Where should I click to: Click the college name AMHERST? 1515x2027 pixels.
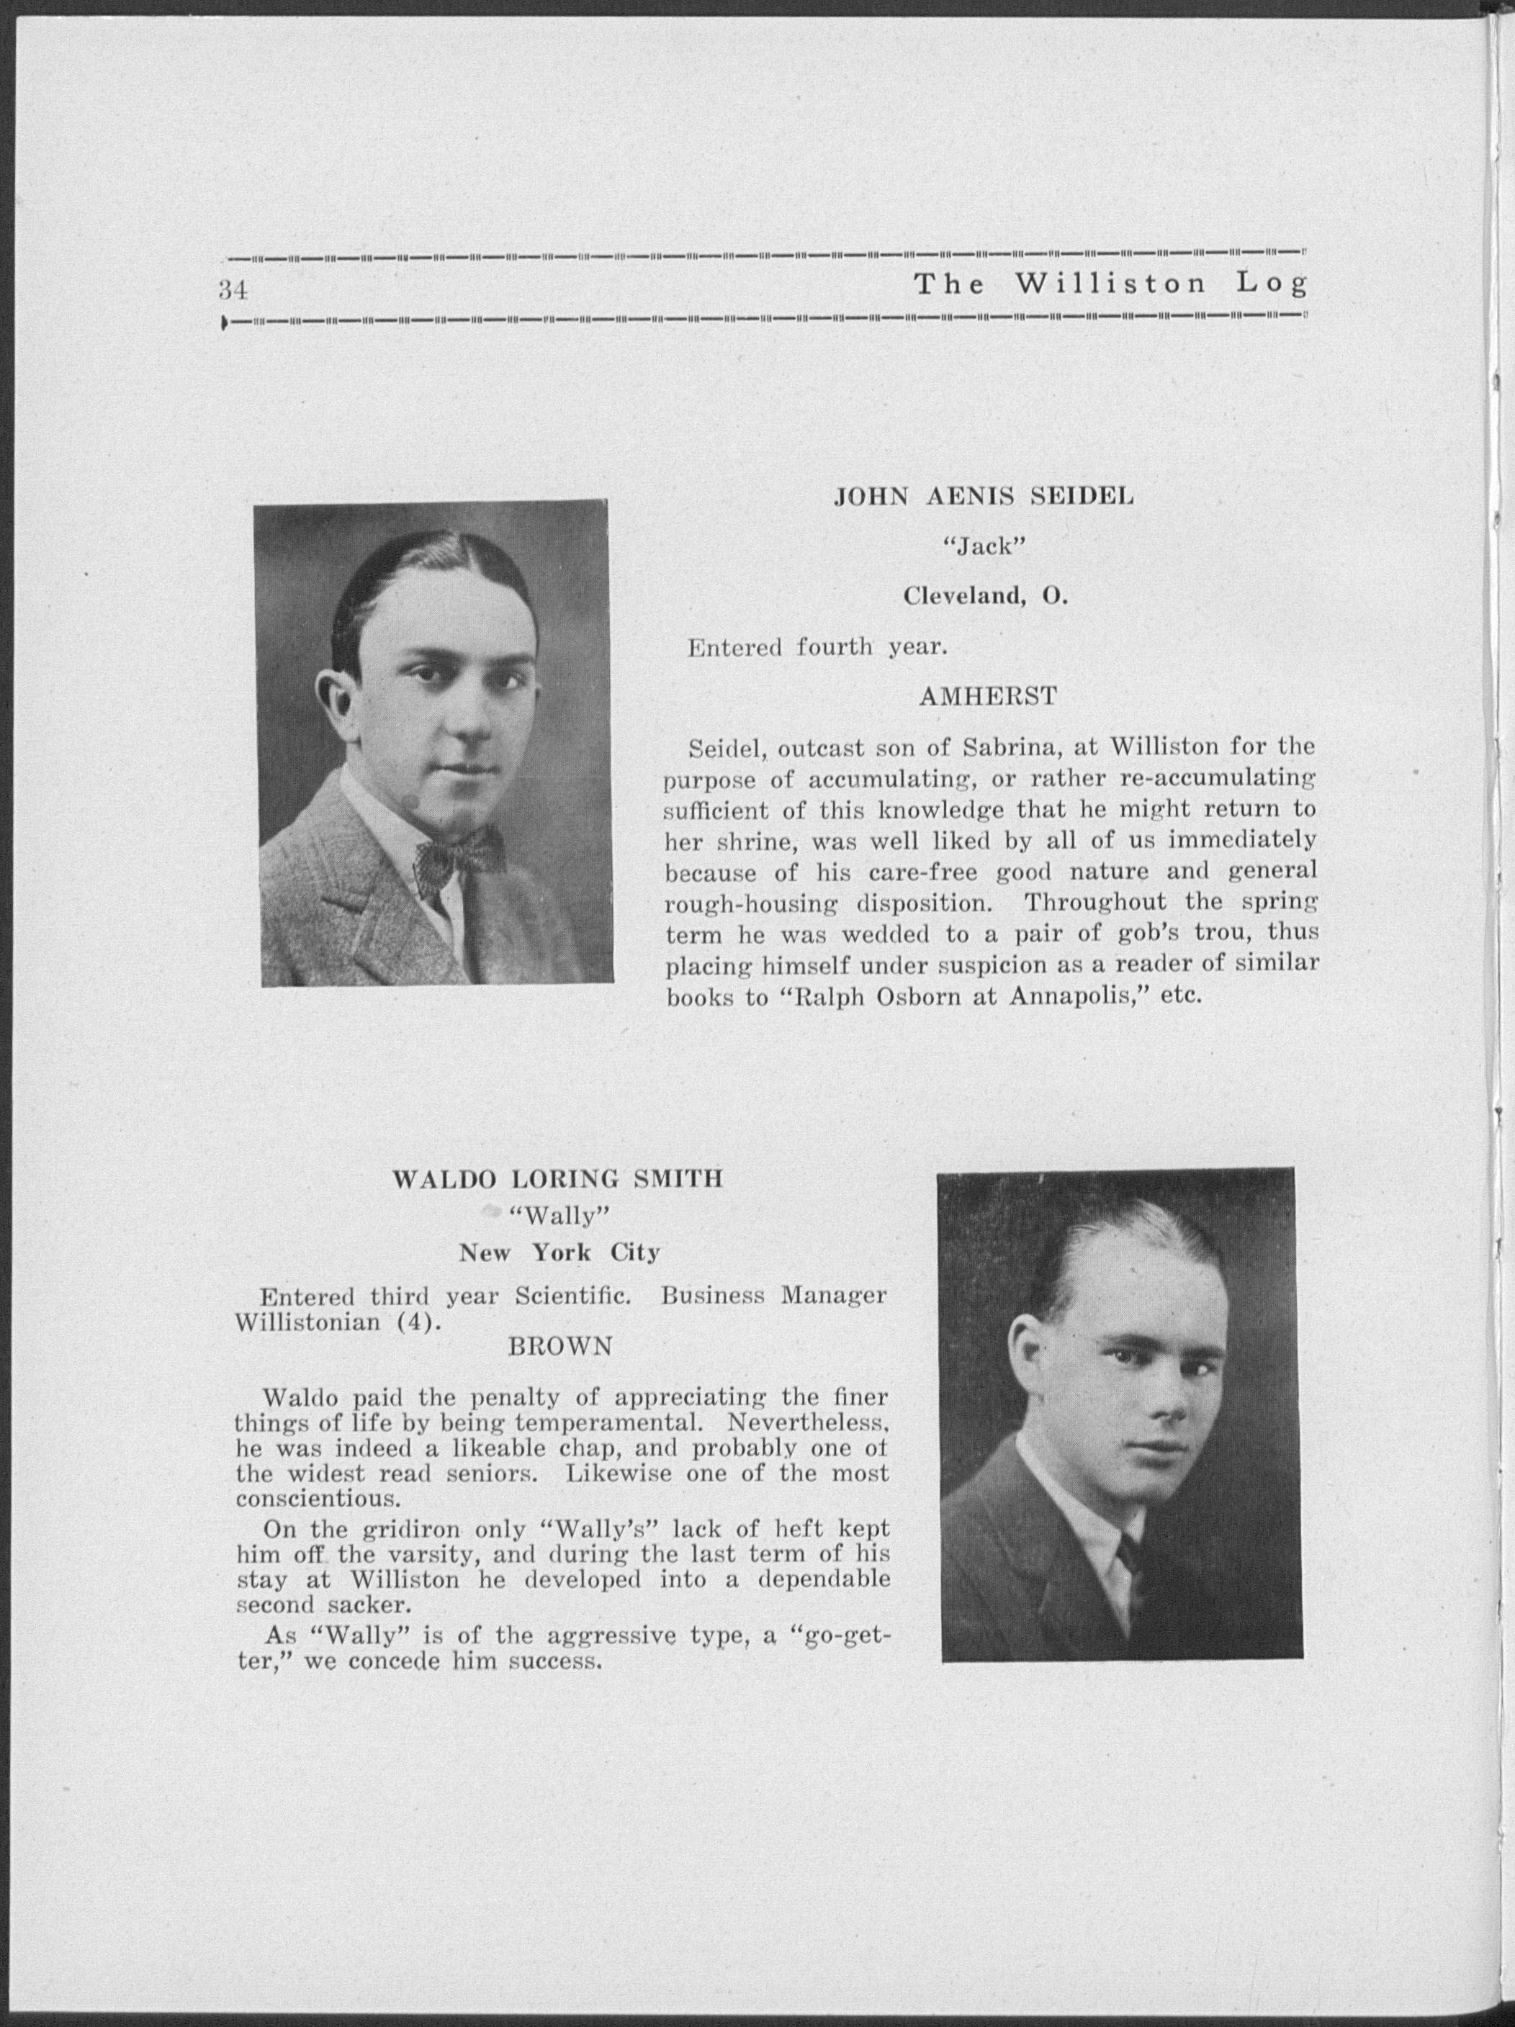988,697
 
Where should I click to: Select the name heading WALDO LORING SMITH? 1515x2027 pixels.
557,1179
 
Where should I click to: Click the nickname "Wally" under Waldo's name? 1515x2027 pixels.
559,1216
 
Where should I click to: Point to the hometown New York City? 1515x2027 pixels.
559,1252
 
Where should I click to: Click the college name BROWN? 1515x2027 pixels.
560,1347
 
